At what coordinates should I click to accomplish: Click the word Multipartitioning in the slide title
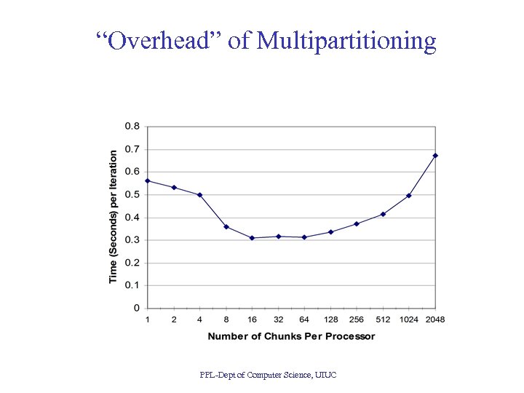click(346, 41)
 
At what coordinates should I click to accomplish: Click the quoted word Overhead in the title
click(159, 41)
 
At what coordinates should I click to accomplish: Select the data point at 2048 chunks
click(435, 155)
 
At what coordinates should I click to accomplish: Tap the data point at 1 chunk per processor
click(148, 180)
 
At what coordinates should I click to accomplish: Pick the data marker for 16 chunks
click(252, 238)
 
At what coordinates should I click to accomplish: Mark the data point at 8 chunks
click(226, 226)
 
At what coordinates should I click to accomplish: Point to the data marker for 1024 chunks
click(409, 195)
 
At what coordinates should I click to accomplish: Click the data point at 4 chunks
click(199, 195)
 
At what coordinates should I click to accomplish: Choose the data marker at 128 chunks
click(330, 232)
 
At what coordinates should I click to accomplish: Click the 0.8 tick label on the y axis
click(132, 126)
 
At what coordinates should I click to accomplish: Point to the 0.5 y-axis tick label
click(132, 194)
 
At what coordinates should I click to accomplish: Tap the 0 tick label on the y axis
click(137, 308)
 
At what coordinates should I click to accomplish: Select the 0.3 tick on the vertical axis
click(132, 240)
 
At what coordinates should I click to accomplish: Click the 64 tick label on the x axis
click(304, 319)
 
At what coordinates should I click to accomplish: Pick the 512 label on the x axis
click(383, 319)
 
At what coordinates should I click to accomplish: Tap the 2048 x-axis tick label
click(435, 319)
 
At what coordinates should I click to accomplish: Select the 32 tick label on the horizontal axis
click(278, 319)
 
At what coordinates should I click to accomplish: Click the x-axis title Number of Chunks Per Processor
click(291, 336)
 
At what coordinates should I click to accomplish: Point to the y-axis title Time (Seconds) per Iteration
click(113, 217)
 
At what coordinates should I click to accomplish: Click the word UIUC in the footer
click(325, 375)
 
